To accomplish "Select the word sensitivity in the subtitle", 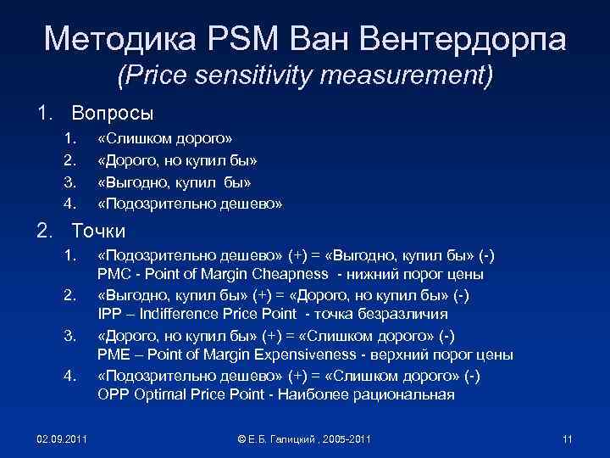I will [x=258, y=78].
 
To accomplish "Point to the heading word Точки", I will [x=99, y=230].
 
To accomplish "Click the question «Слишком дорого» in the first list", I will [x=165, y=137].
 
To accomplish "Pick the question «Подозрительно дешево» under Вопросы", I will [x=190, y=204].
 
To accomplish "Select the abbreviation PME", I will [x=114, y=355].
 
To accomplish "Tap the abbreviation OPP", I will [x=114, y=395].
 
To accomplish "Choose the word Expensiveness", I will [x=299, y=355].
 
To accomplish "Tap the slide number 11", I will [x=568, y=438].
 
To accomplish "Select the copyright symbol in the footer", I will [x=241, y=438].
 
